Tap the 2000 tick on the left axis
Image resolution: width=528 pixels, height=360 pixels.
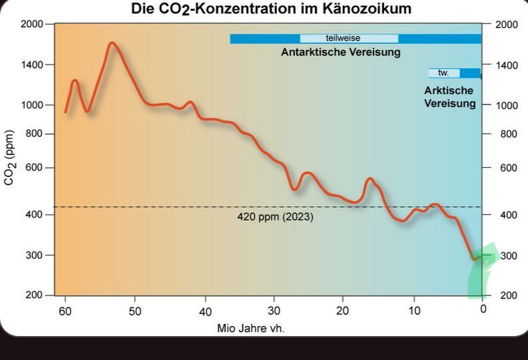(32, 25)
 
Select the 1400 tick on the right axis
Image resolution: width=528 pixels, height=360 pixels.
(507, 65)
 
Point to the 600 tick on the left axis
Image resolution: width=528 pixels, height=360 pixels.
(35, 168)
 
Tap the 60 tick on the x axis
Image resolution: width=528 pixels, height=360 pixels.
(65, 311)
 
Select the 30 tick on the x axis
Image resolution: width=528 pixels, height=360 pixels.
(274, 311)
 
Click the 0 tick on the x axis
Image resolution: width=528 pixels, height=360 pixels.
(483, 309)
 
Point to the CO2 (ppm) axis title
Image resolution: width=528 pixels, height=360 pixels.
(11, 158)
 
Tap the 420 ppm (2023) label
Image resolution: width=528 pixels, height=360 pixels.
(275, 217)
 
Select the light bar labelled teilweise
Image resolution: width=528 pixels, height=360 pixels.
(349, 39)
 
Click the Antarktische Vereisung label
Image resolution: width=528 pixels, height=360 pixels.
(341, 53)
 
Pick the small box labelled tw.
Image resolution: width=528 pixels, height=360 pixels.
(444, 73)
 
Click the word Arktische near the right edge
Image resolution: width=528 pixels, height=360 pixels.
(449, 90)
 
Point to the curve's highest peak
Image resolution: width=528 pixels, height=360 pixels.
(112, 43)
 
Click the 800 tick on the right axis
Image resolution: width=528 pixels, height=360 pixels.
(507, 134)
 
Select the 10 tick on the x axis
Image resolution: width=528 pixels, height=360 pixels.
(413, 311)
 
